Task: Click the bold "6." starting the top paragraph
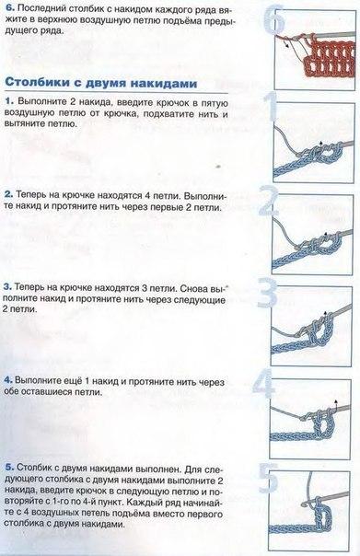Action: click(x=10, y=8)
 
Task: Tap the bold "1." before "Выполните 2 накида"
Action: click(x=10, y=99)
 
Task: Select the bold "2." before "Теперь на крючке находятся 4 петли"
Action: click(x=10, y=196)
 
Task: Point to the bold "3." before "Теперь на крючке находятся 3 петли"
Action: click(x=10, y=286)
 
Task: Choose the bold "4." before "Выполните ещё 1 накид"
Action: click(x=10, y=377)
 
